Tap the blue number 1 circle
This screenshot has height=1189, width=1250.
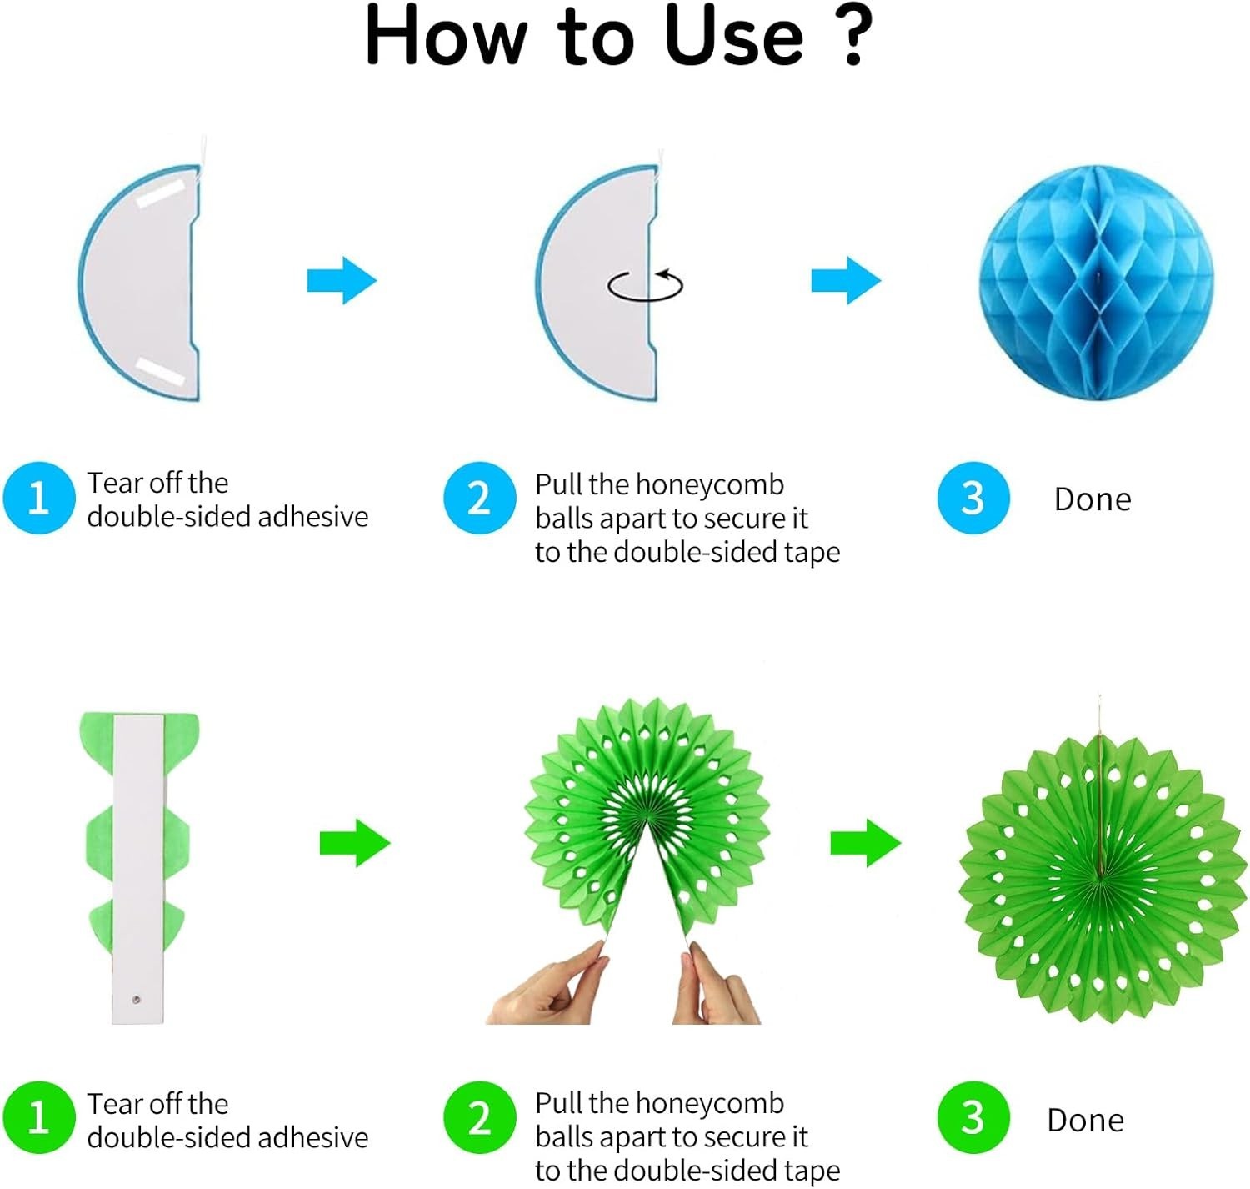39,498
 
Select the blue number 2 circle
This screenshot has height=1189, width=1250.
479,498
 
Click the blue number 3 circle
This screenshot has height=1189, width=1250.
972,498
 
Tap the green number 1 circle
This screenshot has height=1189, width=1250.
39,1117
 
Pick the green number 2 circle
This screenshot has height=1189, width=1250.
479,1117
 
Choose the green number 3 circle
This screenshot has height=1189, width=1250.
972,1117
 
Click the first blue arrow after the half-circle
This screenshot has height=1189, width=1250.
342,280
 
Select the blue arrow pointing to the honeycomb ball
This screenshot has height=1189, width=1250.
847,280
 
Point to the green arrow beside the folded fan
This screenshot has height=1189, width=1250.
355,843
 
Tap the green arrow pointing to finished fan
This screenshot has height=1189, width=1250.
866,843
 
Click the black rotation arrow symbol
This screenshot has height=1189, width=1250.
645,285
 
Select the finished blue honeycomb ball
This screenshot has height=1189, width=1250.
1096,283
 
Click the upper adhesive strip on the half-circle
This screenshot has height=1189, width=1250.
161,193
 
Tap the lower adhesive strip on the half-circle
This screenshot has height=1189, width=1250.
161,372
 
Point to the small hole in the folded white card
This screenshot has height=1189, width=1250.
136,1000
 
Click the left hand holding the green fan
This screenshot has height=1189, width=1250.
547,984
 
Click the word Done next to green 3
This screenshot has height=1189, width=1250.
1085,1121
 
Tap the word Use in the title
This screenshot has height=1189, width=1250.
733,36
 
